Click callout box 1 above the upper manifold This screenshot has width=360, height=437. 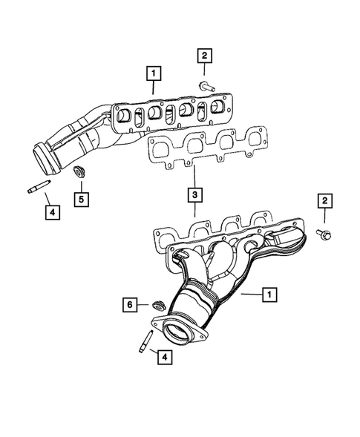153,73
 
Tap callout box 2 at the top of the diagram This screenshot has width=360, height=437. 205,55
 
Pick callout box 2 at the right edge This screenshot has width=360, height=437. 324,201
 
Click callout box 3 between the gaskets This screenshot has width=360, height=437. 193,195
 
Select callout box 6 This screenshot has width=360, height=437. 129,305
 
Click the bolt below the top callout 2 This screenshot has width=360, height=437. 205,85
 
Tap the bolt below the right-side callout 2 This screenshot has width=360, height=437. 325,236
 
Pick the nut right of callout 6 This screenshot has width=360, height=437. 157,304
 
